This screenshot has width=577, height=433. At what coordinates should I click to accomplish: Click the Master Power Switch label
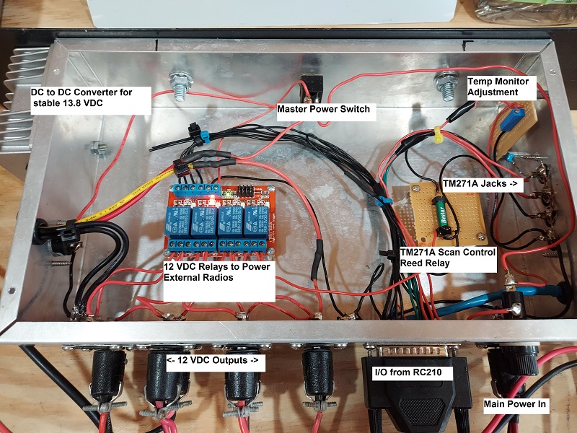323,110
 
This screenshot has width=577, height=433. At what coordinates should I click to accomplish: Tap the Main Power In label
514,405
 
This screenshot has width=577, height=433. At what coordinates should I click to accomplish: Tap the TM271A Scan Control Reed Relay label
447,258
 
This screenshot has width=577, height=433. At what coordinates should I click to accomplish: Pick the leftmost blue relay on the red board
180,221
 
